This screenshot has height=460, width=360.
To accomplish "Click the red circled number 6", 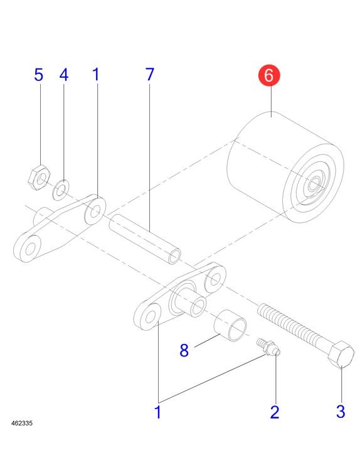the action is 269,76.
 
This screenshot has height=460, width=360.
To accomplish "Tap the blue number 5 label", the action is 39,75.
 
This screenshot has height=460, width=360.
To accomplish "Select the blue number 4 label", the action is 64,75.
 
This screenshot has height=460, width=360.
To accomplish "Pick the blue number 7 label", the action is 150,75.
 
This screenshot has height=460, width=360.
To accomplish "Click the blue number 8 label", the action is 184,350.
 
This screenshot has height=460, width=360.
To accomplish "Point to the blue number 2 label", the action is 275,412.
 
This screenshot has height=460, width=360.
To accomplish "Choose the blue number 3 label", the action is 341,411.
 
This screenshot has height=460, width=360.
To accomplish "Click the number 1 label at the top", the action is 96,75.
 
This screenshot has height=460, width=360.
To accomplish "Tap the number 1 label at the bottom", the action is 157,412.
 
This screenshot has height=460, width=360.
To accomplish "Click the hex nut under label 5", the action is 39,177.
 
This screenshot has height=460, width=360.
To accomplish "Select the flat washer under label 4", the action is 61,190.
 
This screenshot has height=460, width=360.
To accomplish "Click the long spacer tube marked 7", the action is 145,239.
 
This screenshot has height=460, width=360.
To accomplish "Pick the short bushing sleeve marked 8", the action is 230,326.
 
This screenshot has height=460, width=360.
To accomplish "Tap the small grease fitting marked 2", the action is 268,347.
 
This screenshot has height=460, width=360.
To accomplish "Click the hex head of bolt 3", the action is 341,354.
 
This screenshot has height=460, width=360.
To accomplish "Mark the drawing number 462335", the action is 22,423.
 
